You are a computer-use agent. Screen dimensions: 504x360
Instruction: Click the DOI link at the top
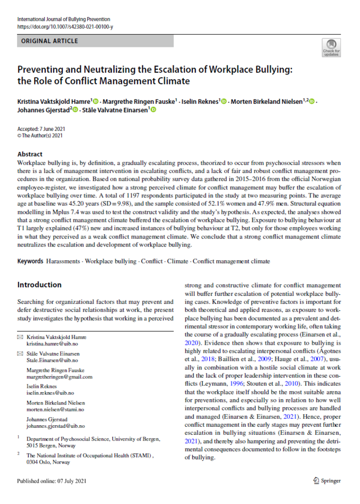coord(65,26)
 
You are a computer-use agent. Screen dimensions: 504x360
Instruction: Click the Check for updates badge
coord(331,48)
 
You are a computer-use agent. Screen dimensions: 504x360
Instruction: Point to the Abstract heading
coord(31,154)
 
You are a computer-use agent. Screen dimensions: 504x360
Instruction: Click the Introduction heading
coord(39,285)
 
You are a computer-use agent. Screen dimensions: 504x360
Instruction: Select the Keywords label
coord(30,261)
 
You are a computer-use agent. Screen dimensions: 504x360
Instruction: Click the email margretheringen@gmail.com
coord(59,377)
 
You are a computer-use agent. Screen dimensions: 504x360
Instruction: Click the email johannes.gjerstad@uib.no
coord(58,426)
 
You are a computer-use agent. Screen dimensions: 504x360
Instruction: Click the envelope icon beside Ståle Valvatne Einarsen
coord(20,354)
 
